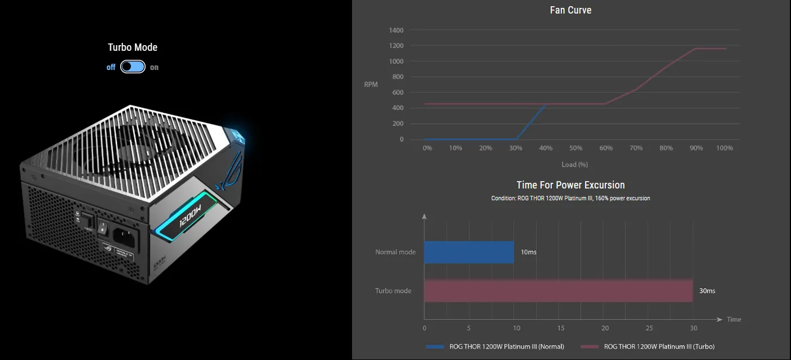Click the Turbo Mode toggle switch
(133, 67)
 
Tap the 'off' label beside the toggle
(111, 67)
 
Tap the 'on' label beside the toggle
(154, 67)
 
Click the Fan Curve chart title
(570, 10)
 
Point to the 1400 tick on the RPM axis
(396, 30)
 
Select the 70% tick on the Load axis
(636, 148)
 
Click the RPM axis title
(371, 85)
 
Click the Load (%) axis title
(574, 164)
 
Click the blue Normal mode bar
(469, 252)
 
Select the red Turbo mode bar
(558, 291)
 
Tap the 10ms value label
(529, 252)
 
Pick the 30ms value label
(707, 291)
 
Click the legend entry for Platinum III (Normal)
(506, 346)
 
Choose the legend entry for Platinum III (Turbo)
(658, 346)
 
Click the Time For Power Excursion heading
(570, 185)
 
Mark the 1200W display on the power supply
(190, 216)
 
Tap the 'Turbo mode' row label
(393, 291)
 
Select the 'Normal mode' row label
(395, 252)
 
